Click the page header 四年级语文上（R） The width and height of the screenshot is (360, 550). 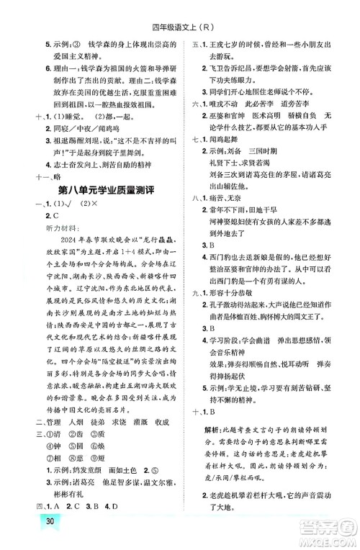179,9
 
